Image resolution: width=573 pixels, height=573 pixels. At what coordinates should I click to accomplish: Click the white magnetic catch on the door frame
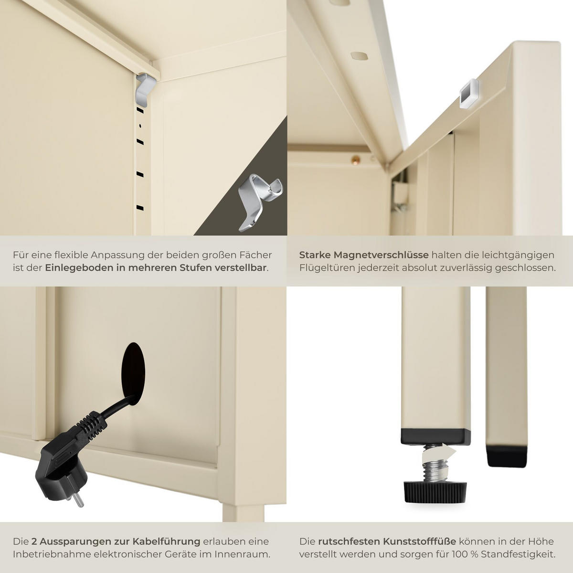click(x=469, y=94)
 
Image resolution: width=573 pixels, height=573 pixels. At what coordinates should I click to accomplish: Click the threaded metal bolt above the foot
click(x=435, y=469)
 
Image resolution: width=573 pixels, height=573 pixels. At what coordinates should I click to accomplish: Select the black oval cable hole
click(x=134, y=373)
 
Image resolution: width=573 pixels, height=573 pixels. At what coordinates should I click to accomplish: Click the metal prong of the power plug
click(x=79, y=500)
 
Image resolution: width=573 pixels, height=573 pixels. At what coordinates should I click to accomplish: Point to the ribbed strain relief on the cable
click(x=92, y=424)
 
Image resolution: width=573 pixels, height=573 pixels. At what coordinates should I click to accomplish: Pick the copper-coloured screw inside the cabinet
click(x=356, y=160)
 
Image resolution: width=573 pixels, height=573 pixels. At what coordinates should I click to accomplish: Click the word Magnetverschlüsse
click(x=381, y=255)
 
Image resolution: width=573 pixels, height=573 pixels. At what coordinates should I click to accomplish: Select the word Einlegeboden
click(x=79, y=268)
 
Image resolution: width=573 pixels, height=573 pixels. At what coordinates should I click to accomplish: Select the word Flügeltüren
click(x=327, y=268)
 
